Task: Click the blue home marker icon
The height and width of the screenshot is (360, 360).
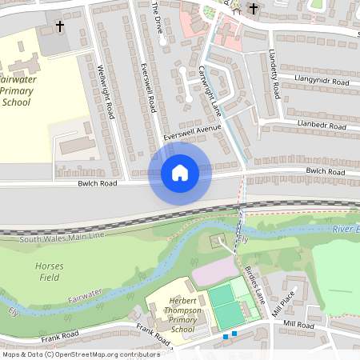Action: click(180, 172)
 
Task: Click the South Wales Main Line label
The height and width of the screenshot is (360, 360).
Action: click(62, 238)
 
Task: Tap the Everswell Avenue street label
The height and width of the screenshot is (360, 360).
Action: click(191, 132)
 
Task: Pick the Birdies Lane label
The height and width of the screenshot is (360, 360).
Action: click(258, 282)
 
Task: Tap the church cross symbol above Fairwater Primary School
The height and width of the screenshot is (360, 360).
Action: click(60, 26)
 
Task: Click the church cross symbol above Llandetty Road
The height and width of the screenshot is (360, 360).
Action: click(254, 9)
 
